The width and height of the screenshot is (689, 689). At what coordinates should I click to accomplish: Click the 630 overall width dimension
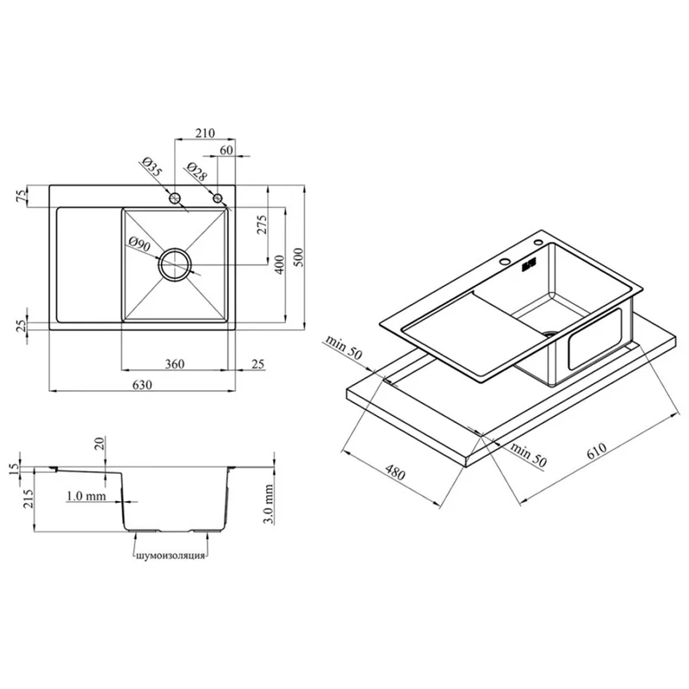tap(142, 385)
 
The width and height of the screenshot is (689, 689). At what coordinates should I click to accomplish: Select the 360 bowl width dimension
tap(175, 363)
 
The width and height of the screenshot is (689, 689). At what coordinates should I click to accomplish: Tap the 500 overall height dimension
tap(298, 258)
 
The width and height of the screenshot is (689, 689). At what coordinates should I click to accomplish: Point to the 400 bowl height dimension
tap(280, 264)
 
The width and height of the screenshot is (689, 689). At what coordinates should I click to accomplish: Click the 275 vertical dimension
tap(262, 225)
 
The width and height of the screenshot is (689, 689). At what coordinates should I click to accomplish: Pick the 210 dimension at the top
tap(205, 133)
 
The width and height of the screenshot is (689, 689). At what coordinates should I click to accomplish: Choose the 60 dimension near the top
tap(227, 150)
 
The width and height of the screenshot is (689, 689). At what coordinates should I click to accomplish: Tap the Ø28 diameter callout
tap(196, 171)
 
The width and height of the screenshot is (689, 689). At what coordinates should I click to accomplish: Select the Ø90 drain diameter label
tap(140, 244)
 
